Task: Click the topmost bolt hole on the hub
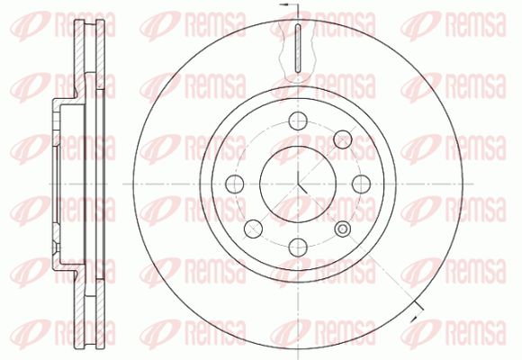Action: tap(298, 121)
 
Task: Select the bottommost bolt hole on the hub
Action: tap(298, 247)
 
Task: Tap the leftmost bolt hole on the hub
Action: tap(234, 184)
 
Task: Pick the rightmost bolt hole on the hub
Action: tap(361, 184)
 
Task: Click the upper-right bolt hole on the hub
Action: tap(343, 139)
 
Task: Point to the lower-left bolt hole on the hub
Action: tap(253, 229)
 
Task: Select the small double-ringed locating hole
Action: tap(343, 229)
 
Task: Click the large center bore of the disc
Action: tap(298, 184)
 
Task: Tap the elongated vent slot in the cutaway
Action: tap(298, 49)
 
